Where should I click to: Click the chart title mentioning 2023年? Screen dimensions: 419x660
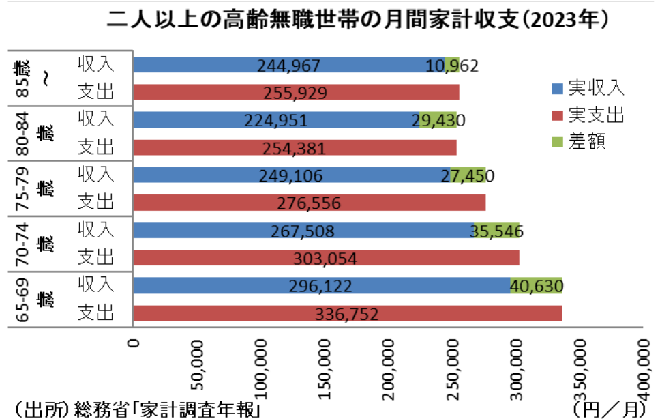[x=357, y=20]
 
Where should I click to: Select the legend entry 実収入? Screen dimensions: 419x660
[x=587, y=87]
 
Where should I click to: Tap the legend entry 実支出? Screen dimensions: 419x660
[x=587, y=115]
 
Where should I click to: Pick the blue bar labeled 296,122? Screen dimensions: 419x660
[x=321, y=285]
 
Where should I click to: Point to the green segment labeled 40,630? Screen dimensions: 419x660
[x=536, y=285]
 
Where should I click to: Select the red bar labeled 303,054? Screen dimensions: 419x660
[x=326, y=258]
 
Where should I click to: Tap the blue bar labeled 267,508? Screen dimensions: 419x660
[x=303, y=231]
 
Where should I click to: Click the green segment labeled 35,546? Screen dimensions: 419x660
[x=496, y=231]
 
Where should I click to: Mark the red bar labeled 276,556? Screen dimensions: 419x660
[x=309, y=203]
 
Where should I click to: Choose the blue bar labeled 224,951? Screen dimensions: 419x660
[x=275, y=120]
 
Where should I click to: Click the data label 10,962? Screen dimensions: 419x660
[x=452, y=66]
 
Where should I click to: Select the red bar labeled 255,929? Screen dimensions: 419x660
[x=296, y=93]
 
